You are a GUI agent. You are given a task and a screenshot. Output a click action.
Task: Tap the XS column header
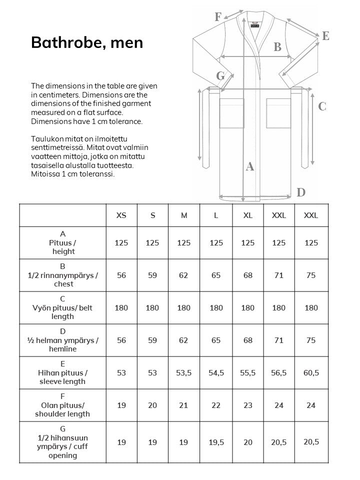(x=121, y=215)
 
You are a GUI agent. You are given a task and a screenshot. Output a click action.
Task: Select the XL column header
(x=247, y=215)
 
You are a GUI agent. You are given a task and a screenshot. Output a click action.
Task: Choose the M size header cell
(x=184, y=215)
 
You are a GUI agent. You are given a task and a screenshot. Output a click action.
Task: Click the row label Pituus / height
(x=63, y=243)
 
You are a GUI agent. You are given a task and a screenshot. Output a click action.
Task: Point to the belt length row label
(x=63, y=307)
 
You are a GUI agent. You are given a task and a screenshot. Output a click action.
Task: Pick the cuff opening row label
(x=63, y=442)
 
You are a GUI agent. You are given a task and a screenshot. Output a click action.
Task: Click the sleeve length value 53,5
(x=184, y=373)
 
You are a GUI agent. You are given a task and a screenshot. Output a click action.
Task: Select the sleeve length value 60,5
(x=311, y=373)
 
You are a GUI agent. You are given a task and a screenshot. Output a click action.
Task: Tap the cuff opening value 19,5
(x=216, y=442)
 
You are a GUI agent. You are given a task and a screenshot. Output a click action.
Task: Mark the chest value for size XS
(x=121, y=275)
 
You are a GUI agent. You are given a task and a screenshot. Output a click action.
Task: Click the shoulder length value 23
(x=247, y=405)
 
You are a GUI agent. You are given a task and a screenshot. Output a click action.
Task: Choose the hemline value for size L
(x=216, y=340)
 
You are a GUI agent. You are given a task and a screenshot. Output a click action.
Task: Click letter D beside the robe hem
(x=301, y=192)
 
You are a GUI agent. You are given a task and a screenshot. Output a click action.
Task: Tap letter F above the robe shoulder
(x=218, y=17)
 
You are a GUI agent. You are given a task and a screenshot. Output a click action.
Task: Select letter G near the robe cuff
(x=220, y=76)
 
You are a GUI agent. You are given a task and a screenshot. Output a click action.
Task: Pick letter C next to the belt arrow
(x=322, y=106)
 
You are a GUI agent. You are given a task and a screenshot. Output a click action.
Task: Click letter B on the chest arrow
(x=277, y=47)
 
